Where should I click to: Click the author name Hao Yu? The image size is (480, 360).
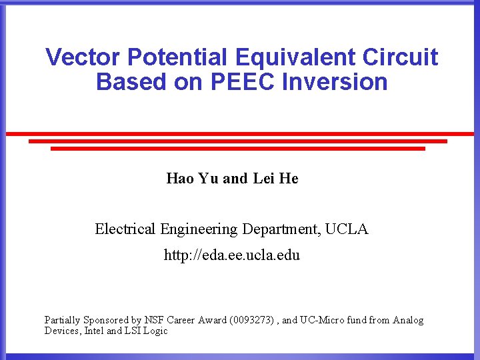(x=193, y=179)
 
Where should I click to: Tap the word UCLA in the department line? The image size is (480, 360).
(x=347, y=229)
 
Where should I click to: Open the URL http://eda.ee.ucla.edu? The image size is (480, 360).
(x=232, y=255)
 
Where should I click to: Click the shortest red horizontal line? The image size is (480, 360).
(x=238, y=149)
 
